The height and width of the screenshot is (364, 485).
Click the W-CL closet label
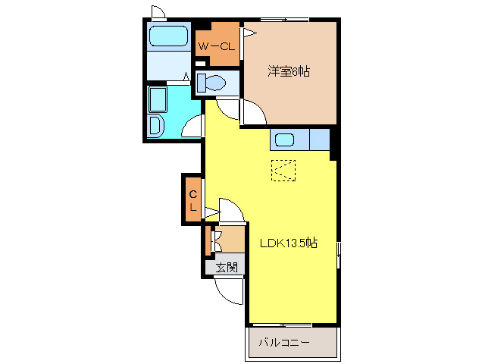[217, 47]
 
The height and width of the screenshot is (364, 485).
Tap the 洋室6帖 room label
[289, 72]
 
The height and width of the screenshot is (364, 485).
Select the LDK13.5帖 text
[288, 243]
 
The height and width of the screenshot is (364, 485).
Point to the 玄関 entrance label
[227, 267]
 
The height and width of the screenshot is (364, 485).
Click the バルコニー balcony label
[284, 343]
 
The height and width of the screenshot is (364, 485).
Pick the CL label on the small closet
[193, 199]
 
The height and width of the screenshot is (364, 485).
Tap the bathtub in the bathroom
[168, 36]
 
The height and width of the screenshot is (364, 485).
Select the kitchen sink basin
[286, 140]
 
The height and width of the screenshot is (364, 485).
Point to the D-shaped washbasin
[155, 126]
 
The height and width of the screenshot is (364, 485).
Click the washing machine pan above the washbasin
[159, 99]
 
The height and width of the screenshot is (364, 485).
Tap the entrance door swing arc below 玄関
[227, 289]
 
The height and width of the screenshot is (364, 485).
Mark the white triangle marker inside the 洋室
[246, 32]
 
